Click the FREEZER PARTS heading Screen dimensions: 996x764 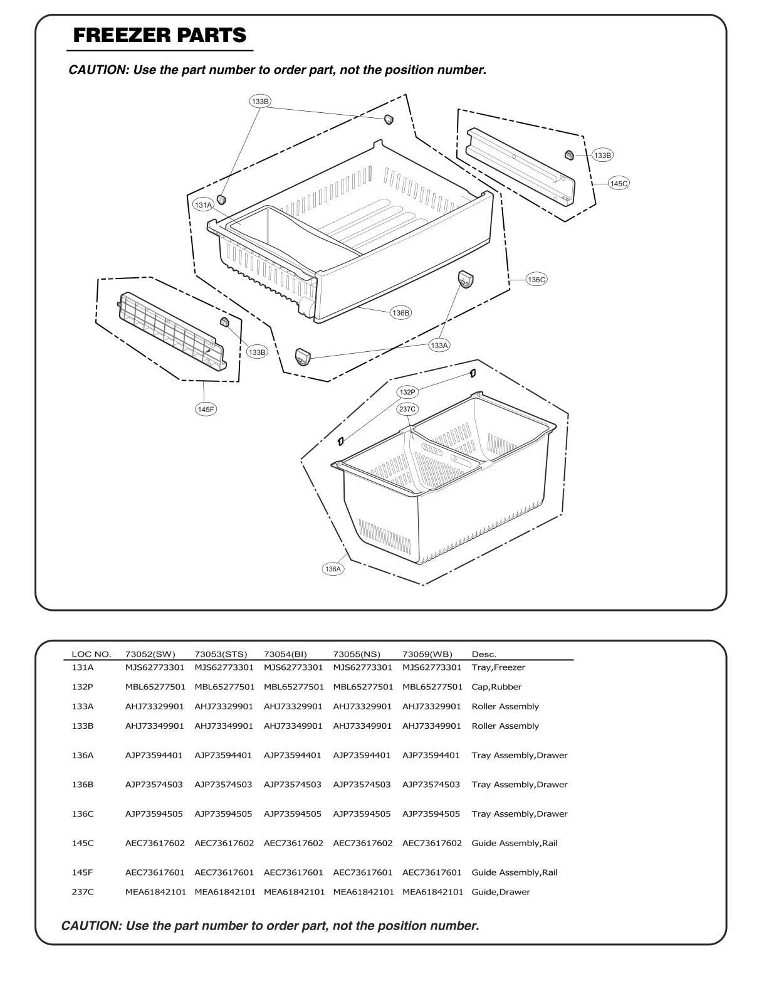click(x=160, y=35)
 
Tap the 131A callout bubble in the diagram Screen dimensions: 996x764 click(x=203, y=204)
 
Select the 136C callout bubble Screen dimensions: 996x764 click(x=536, y=280)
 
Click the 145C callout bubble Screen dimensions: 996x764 click(x=618, y=183)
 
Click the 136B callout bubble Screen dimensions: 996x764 click(x=400, y=312)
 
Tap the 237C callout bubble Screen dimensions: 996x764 click(x=407, y=409)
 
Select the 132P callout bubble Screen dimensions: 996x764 click(x=407, y=392)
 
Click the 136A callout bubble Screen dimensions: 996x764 click(x=333, y=569)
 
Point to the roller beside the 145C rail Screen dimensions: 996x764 click(x=569, y=154)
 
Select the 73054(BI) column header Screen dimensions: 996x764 click(x=285, y=654)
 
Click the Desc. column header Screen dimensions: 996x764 click(x=483, y=654)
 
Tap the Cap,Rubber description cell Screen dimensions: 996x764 click(x=496, y=687)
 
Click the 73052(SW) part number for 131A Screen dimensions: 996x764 click(x=155, y=667)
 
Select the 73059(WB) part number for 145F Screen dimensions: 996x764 click(x=432, y=872)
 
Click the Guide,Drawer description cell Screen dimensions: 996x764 click(x=500, y=892)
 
